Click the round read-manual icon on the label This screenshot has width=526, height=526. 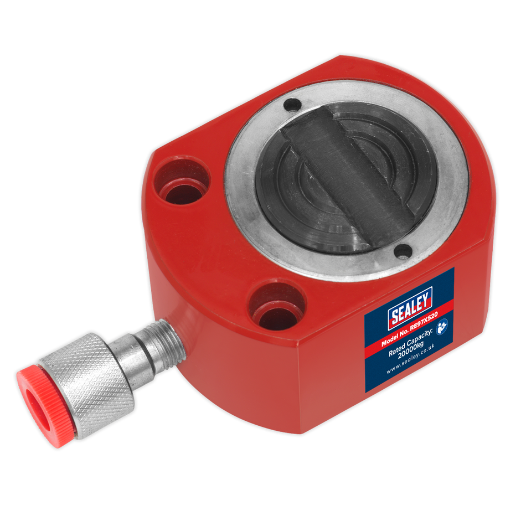point(442,327)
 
